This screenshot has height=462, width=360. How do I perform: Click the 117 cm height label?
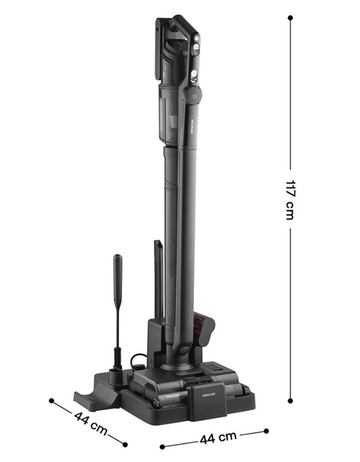[x=290, y=199]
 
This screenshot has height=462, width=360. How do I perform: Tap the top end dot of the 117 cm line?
[x=290, y=18]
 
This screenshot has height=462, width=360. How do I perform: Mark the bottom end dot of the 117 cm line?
[x=290, y=400]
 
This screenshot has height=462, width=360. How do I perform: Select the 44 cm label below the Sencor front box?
[x=218, y=437]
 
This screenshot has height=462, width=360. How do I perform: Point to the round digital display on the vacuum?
[x=193, y=95]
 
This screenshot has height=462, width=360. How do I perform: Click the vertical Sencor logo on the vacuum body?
[x=192, y=126]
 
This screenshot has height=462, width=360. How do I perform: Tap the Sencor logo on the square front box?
[x=208, y=394]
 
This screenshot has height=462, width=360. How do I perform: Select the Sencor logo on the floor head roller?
[x=172, y=396]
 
